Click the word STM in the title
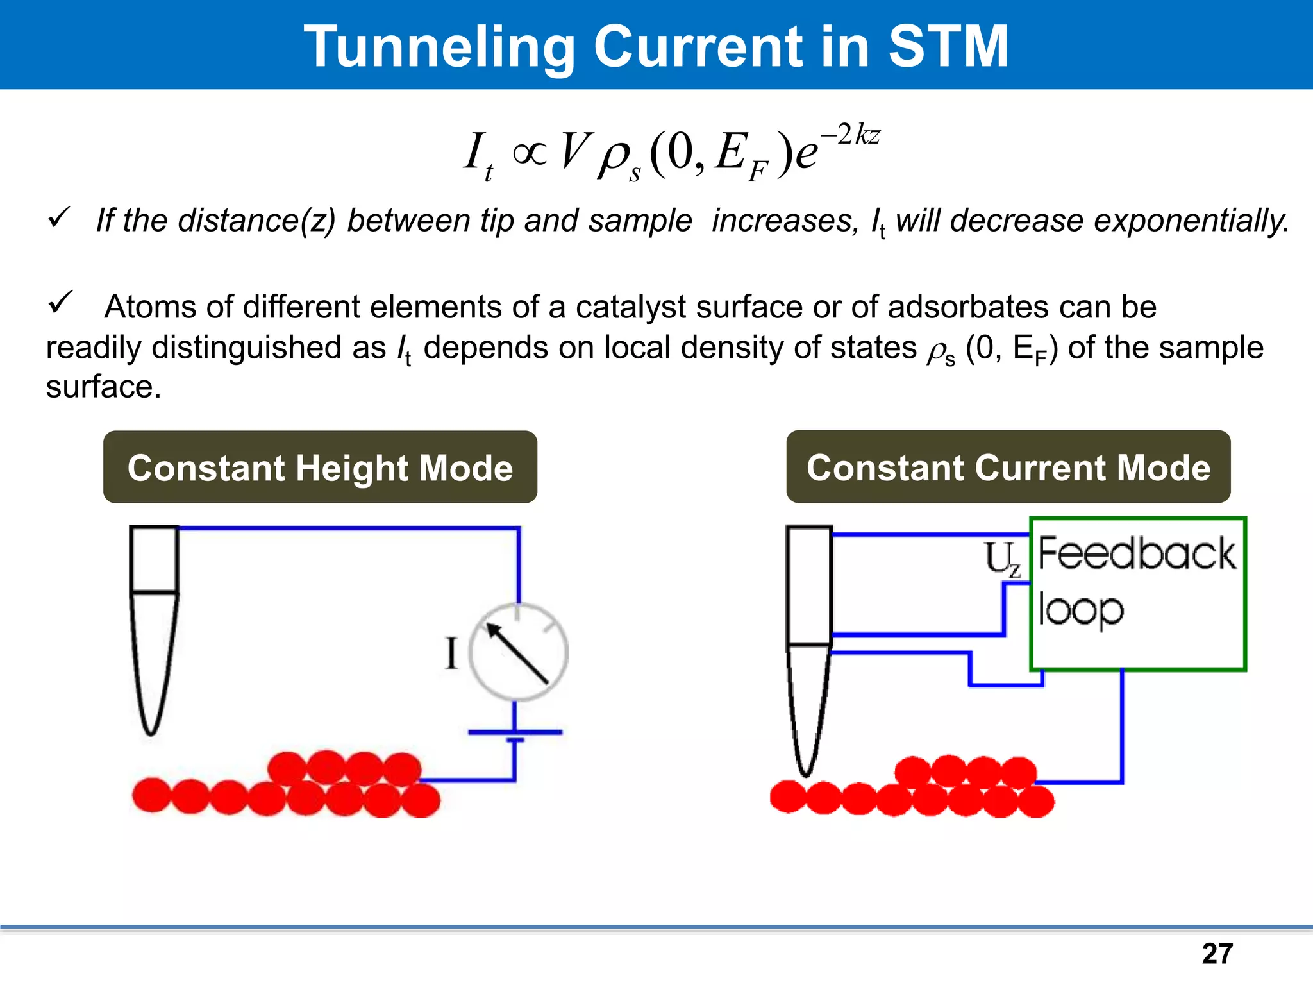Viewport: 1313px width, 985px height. pyautogui.click(x=948, y=46)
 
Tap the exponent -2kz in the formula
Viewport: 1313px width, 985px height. pyautogui.click(x=851, y=135)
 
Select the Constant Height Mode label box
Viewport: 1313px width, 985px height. pyautogui.click(x=320, y=467)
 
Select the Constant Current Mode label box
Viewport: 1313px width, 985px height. pyautogui.click(x=1008, y=467)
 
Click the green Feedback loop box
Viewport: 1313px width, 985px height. pyautogui.click(x=1137, y=594)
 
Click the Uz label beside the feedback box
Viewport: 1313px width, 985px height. pyautogui.click(x=1002, y=559)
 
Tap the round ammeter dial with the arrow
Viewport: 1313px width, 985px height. pyautogui.click(x=518, y=652)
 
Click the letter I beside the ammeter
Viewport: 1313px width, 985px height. pyautogui.click(x=451, y=654)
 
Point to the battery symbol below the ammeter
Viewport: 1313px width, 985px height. pyautogui.click(x=515, y=735)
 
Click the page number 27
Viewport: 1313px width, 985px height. pyautogui.click(x=1217, y=954)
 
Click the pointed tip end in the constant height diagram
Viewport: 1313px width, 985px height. pyautogui.click(x=151, y=728)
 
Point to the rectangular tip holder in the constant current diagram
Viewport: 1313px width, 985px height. pyautogui.click(x=809, y=585)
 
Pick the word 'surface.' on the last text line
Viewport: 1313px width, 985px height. pyautogui.click(x=103, y=387)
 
